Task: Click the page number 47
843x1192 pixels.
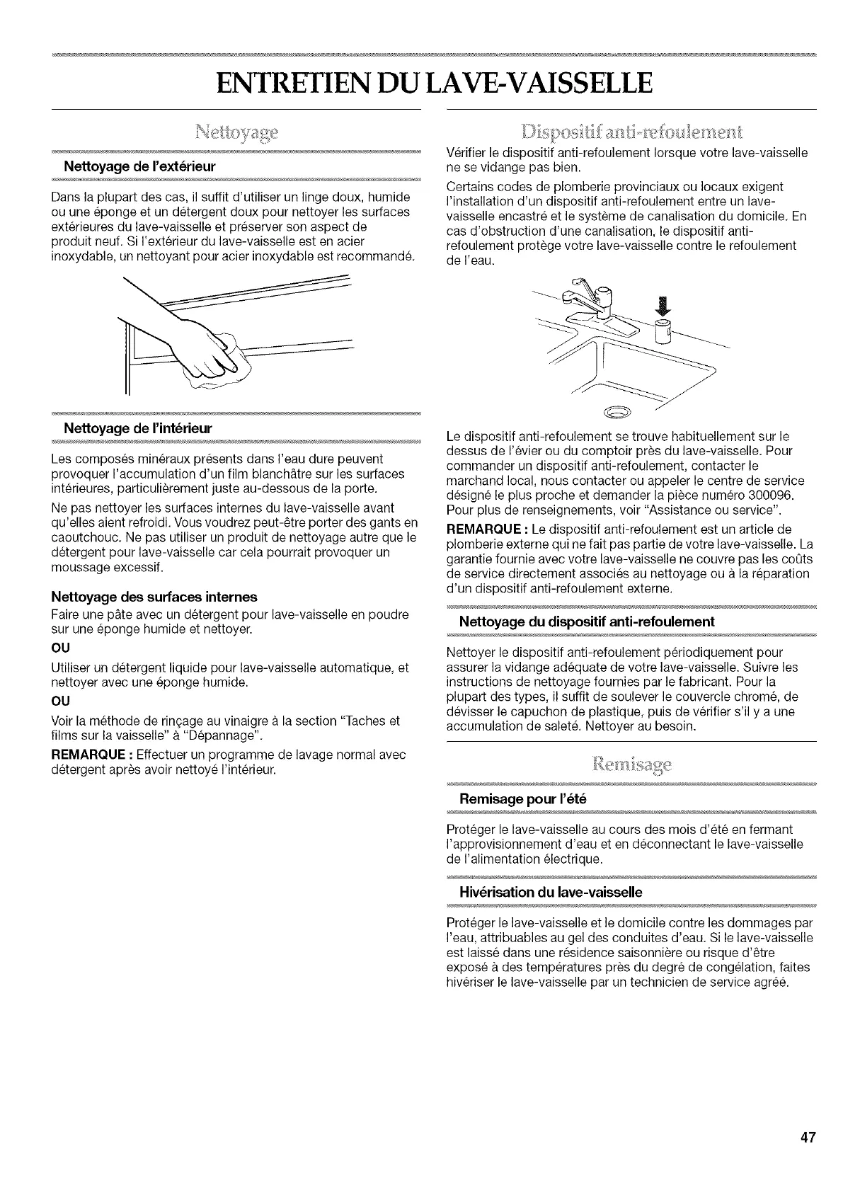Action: point(808,1138)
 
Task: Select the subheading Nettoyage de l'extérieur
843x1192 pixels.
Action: point(139,166)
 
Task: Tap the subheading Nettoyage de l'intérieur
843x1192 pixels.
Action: point(137,428)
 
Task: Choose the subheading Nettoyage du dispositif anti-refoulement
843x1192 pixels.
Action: point(587,621)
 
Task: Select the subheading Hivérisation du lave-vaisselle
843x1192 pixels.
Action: point(551,893)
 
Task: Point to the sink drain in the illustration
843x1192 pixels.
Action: point(614,413)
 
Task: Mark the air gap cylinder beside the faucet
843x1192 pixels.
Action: point(663,330)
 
